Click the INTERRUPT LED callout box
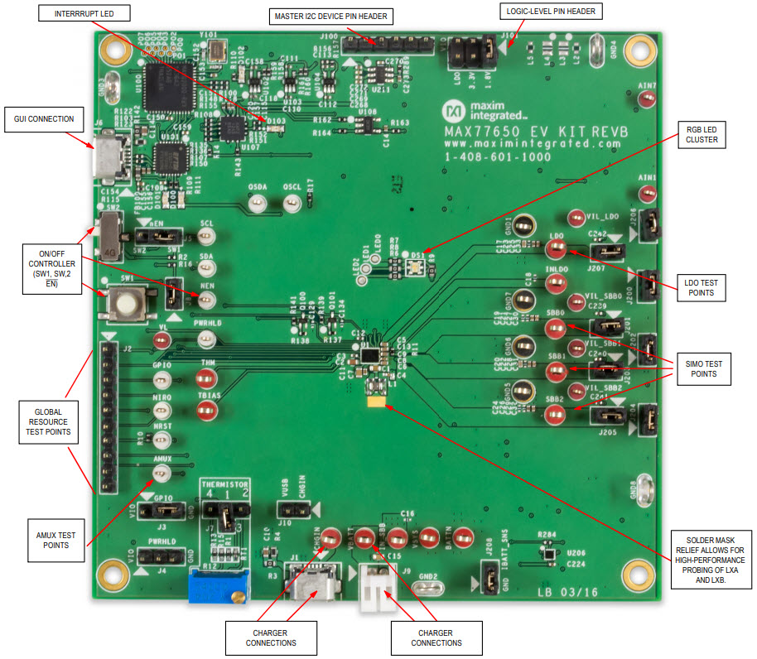[x=83, y=15]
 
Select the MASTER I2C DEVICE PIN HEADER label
[x=331, y=16]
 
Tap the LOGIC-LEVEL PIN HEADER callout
[x=551, y=12]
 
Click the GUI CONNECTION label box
[x=44, y=119]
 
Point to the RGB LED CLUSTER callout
[x=701, y=134]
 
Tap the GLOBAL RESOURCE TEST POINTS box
[x=46, y=421]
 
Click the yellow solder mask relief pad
[x=378, y=402]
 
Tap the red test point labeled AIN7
[x=648, y=99]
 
